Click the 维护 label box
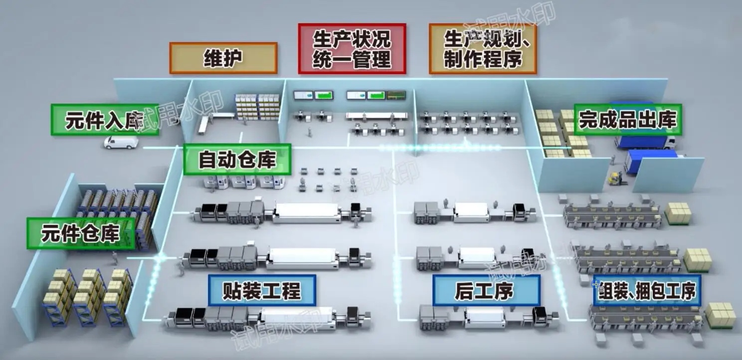click(x=223, y=58)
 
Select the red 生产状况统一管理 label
click(x=352, y=48)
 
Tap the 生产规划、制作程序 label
click(x=482, y=48)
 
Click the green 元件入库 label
click(x=105, y=120)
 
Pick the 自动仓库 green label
click(x=237, y=160)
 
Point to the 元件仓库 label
click(x=81, y=233)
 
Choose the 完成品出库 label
click(x=627, y=120)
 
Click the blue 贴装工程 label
click(x=262, y=290)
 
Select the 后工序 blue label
click(x=486, y=290)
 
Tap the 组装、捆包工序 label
click(x=647, y=290)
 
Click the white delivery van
click(x=121, y=142)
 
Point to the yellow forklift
click(x=615, y=179)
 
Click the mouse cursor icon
click(x=596, y=285)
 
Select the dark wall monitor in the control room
click(x=396, y=95)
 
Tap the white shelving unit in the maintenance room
click(x=257, y=106)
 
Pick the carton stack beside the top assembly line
click(x=678, y=213)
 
